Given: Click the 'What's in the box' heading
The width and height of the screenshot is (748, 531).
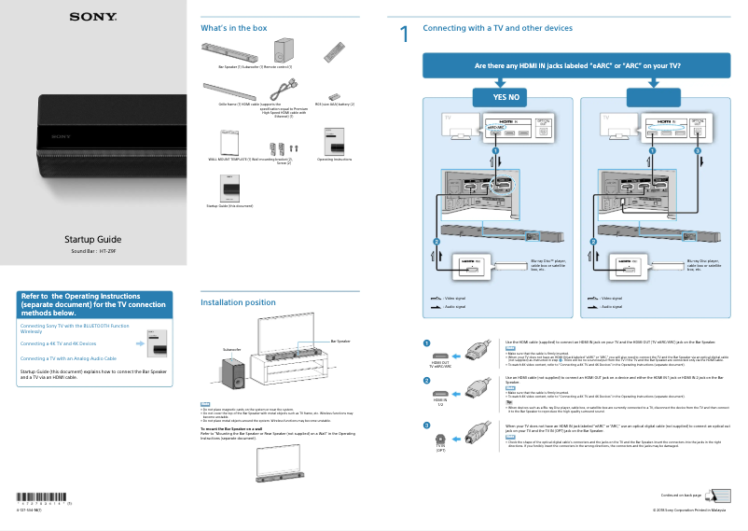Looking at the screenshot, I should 227,28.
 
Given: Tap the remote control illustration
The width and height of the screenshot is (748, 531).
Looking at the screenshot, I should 334,50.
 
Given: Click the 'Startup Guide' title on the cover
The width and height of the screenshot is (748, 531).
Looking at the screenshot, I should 92,240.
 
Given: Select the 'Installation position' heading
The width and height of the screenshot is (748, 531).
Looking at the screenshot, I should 238,302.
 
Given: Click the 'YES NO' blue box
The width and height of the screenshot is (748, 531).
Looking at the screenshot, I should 498,97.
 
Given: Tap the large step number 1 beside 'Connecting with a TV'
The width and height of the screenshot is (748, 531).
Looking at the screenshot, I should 404,35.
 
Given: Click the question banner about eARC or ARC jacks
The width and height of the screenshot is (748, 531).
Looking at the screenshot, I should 576,66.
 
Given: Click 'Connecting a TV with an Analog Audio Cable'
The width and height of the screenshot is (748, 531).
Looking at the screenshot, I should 68,358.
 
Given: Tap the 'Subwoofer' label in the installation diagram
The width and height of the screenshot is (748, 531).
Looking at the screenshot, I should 231,349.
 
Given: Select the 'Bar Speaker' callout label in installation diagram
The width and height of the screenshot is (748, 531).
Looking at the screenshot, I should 339,342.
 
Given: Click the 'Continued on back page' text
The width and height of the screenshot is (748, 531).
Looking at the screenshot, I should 681,494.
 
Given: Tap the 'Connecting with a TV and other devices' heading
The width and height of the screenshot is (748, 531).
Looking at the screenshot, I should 497,28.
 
